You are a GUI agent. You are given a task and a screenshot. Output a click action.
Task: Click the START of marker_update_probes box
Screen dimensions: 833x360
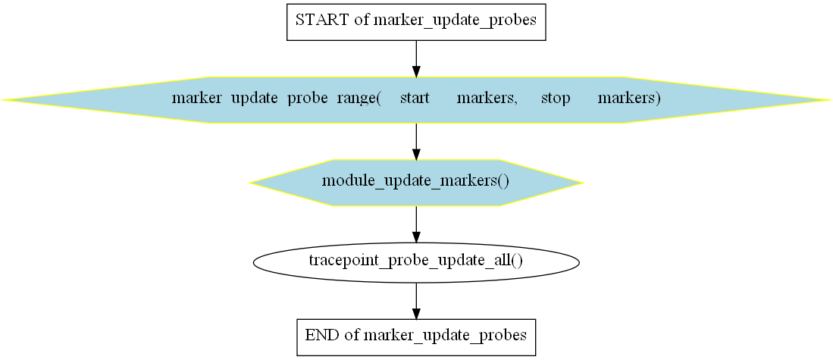coord(416,22)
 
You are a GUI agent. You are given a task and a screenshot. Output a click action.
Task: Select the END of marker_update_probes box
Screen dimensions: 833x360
coord(416,337)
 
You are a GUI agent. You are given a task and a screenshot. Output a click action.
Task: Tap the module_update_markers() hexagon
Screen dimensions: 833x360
coord(416,183)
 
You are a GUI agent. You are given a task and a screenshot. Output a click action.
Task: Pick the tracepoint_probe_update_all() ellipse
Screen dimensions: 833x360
coord(416,261)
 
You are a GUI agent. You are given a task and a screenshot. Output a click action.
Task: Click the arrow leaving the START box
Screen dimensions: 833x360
coord(416,58)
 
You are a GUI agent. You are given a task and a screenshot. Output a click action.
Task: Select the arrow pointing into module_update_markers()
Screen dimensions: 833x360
coord(416,141)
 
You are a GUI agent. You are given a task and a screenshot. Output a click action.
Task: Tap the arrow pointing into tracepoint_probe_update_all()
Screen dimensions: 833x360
coord(416,224)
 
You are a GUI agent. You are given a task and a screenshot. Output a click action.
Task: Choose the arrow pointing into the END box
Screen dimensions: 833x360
coord(416,300)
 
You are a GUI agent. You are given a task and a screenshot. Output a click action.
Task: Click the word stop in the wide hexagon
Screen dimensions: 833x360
coord(555,99)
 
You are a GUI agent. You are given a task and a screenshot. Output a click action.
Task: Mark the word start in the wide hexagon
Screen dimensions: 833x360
coord(415,99)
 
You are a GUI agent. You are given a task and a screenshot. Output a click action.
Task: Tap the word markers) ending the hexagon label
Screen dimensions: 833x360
coord(629,99)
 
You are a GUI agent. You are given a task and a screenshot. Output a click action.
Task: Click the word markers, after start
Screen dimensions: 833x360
coord(487,99)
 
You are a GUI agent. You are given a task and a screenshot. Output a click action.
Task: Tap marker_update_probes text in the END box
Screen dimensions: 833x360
coord(444,336)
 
